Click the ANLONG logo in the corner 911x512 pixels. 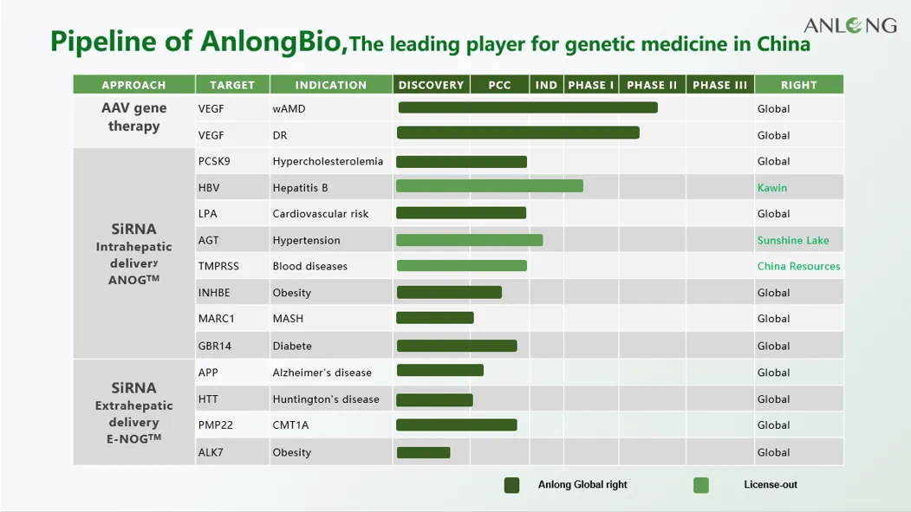849,25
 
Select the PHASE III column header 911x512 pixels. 719,85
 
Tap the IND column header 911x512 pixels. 546,85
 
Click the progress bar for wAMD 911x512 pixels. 527,108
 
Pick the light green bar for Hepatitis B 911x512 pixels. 489,186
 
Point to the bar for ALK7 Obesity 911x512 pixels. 423,452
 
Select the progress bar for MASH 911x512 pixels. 434,318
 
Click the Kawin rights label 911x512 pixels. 772,188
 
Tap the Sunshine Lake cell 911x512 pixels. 793,240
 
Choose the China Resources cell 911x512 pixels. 798,266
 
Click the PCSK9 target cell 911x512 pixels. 214,161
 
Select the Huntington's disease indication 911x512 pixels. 326,399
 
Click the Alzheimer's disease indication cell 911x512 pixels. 322,373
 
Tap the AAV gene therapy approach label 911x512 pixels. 133,117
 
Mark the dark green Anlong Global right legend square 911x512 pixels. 511,485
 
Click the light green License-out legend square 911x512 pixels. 700,485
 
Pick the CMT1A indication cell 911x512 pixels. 290,425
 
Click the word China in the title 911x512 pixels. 783,44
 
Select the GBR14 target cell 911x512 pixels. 215,346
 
